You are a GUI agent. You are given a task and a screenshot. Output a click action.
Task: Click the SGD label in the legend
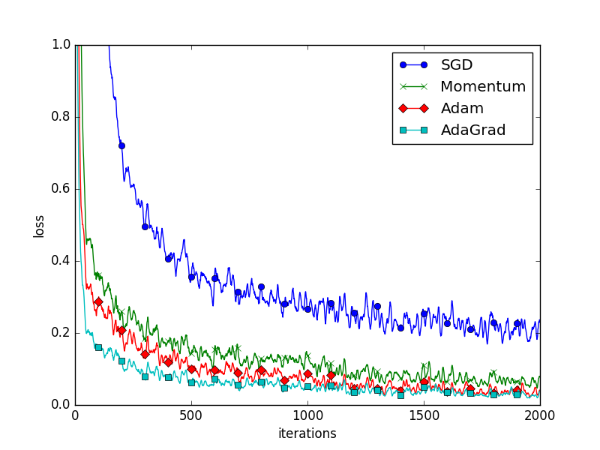(x=457, y=65)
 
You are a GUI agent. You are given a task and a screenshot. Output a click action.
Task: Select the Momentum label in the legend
(x=483, y=86)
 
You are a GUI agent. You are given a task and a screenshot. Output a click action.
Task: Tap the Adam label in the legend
(x=462, y=108)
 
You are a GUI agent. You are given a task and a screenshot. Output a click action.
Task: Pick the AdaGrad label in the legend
(x=472, y=130)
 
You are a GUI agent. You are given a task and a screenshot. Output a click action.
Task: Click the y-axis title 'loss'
(x=39, y=226)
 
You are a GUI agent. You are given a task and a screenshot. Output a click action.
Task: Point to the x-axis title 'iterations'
(x=307, y=433)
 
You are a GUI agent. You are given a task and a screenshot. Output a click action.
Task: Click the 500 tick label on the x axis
(x=191, y=415)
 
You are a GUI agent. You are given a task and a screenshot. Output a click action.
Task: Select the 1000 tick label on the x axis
(x=307, y=415)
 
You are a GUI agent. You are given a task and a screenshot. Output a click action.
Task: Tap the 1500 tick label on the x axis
(x=424, y=415)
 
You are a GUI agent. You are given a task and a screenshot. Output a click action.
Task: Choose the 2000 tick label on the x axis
(x=540, y=415)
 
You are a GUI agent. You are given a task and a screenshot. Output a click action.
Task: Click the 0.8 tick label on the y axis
(x=60, y=117)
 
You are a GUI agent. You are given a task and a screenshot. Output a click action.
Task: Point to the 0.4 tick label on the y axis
(x=60, y=261)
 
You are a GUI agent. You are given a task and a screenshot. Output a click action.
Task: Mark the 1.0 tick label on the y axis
(x=60, y=45)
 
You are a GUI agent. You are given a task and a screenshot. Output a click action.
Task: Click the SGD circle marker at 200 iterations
(x=121, y=145)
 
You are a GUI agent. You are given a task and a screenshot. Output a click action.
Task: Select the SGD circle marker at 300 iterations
(x=145, y=226)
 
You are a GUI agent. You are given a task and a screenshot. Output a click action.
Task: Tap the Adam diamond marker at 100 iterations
(x=98, y=301)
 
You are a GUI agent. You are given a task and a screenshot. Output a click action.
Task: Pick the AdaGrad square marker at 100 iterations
(x=98, y=347)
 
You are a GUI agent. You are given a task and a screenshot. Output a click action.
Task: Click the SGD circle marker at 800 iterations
(x=261, y=286)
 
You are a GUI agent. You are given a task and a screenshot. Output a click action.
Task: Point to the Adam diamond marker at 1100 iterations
(x=331, y=375)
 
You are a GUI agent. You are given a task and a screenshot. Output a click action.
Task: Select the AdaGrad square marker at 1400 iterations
(x=400, y=394)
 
